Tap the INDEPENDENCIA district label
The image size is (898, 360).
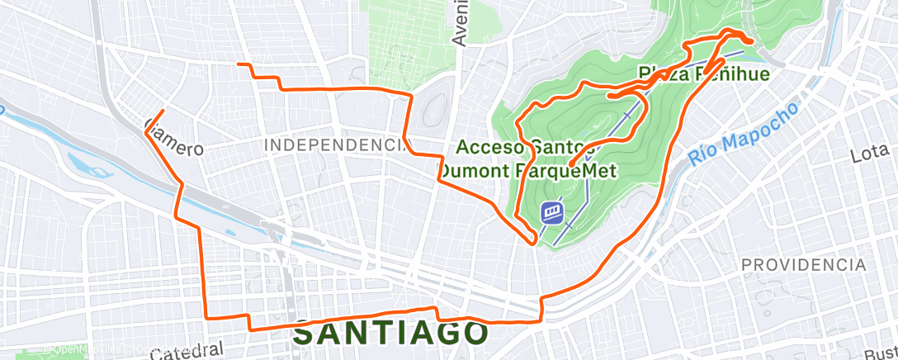[x=337, y=145]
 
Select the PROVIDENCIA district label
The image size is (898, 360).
[x=804, y=265]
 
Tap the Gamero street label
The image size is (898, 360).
[x=173, y=138]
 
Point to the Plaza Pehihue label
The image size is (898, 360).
[x=704, y=74]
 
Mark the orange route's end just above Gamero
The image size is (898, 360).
[x=163, y=111]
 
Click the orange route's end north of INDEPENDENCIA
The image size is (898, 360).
[x=239, y=64]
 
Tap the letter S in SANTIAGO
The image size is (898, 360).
[x=305, y=334]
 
